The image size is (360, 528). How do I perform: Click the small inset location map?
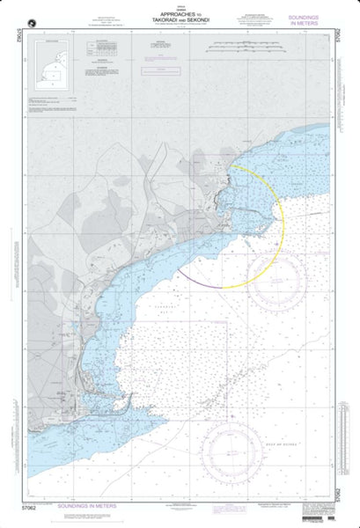[48, 64]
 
